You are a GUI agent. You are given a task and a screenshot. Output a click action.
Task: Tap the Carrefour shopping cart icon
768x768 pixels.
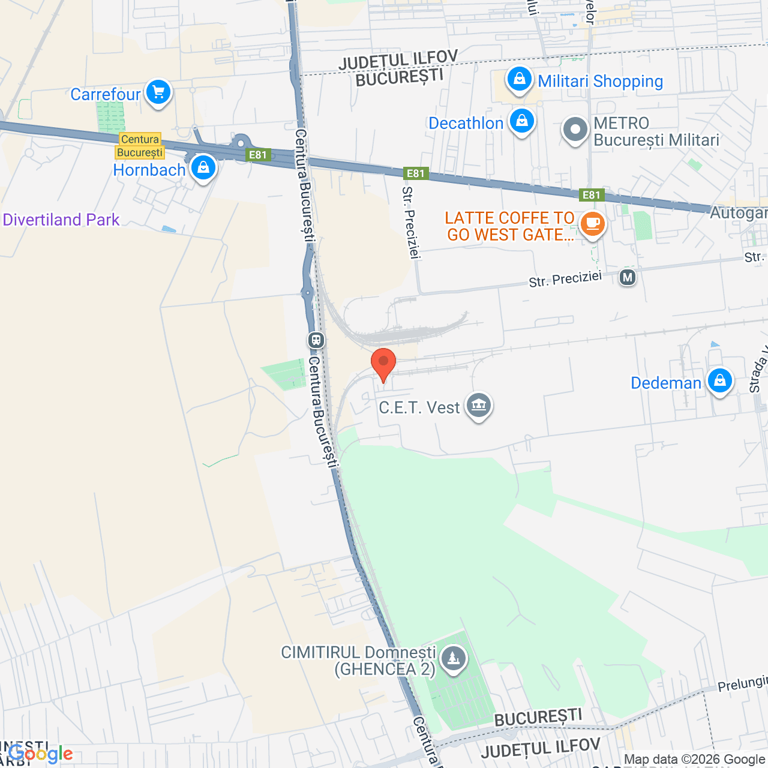coord(158,93)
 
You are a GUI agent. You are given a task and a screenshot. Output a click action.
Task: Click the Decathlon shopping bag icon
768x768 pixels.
coord(522,121)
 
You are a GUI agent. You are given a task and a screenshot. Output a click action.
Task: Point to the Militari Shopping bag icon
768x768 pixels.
coord(520,79)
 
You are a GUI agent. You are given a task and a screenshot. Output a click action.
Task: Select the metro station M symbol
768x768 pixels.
coord(628,277)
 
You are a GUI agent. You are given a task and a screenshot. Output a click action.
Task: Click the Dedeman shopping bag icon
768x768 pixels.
coord(719,380)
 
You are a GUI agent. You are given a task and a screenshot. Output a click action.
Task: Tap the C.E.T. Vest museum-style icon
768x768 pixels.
coord(478,406)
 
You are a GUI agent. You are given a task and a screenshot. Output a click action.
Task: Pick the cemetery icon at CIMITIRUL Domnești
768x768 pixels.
coord(453,659)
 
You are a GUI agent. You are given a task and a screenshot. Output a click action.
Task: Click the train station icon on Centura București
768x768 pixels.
coord(316,340)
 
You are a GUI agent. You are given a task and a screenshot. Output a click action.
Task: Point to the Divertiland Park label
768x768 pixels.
coord(61,220)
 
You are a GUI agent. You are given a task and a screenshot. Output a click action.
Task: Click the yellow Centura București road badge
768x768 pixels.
coord(140,146)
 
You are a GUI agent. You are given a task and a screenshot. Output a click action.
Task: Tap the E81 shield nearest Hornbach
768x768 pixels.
coord(258,155)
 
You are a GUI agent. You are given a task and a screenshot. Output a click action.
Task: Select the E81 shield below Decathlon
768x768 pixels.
coord(415,173)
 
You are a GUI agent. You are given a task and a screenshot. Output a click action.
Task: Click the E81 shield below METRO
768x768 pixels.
coord(591,195)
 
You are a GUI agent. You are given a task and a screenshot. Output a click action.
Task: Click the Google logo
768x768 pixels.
coord(41,754)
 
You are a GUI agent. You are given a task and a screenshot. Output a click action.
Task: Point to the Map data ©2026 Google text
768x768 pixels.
coord(695,760)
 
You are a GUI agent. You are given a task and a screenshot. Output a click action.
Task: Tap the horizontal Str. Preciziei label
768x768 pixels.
coord(565,279)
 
